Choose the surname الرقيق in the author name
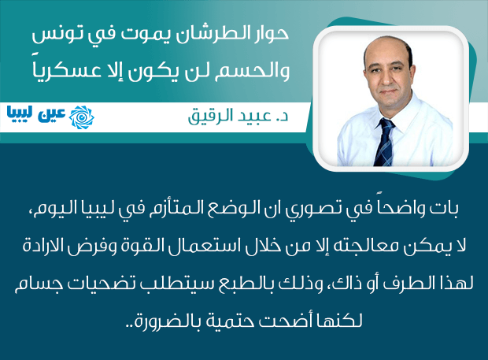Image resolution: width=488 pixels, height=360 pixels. (x=205, y=116)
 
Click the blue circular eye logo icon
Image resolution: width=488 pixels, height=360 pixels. (x=82, y=117)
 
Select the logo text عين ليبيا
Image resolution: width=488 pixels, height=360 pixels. (x=35, y=117)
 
